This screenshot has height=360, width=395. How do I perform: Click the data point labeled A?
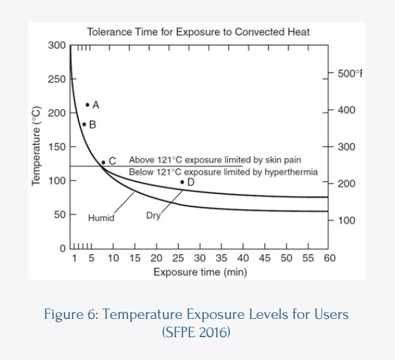(x=87, y=105)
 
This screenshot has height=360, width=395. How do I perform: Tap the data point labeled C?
(x=103, y=161)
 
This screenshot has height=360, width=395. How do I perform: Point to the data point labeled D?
(x=182, y=182)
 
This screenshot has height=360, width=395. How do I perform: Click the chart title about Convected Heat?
(x=198, y=31)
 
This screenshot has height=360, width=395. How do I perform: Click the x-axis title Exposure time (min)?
(x=200, y=271)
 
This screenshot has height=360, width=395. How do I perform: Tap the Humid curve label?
(x=101, y=218)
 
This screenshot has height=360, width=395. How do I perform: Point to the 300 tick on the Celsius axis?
(x=57, y=45)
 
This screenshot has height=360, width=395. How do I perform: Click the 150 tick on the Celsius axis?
(x=57, y=146)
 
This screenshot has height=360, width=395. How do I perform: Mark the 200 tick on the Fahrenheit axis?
(x=346, y=184)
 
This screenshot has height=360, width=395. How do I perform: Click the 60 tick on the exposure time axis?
(x=329, y=258)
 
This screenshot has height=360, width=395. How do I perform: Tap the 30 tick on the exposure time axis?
(x=200, y=258)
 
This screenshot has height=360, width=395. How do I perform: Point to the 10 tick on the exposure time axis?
(x=113, y=258)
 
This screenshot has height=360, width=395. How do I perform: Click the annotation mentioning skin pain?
(x=215, y=160)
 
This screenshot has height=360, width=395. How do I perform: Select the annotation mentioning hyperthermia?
(x=223, y=172)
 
